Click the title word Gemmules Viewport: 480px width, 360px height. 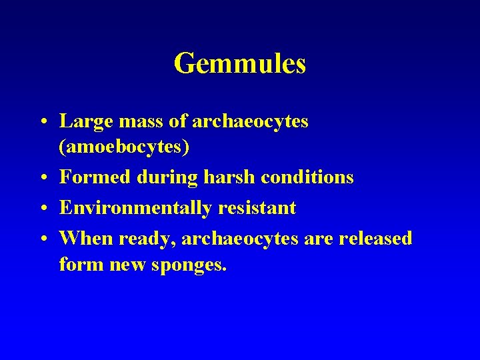pyautogui.click(x=239, y=64)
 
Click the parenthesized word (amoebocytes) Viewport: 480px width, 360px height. pyautogui.click(x=124, y=147)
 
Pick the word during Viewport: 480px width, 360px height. pyautogui.click(x=157, y=178)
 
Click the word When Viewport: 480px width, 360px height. pyautogui.click(x=81, y=239)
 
